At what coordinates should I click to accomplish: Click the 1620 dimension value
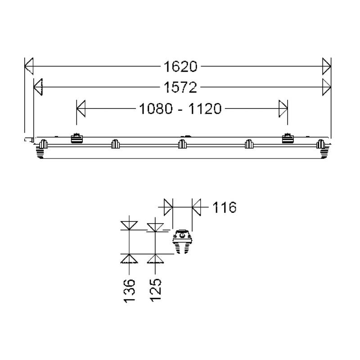(x=180, y=67)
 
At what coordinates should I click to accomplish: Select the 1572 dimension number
(x=180, y=88)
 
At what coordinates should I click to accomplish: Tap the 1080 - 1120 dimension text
(x=180, y=109)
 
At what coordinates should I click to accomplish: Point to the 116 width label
(x=224, y=208)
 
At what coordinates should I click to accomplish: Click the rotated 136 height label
(x=130, y=290)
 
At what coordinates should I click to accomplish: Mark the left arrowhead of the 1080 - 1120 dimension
(x=81, y=108)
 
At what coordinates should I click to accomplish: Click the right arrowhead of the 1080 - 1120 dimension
(x=283, y=108)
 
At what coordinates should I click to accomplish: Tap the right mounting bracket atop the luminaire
(x=287, y=138)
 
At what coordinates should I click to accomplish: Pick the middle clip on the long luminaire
(x=182, y=144)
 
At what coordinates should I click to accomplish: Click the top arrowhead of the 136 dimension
(x=129, y=225)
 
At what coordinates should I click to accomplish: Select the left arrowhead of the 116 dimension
(x=168, y=208)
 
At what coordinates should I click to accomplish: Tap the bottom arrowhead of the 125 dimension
(x=155, y=258)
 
